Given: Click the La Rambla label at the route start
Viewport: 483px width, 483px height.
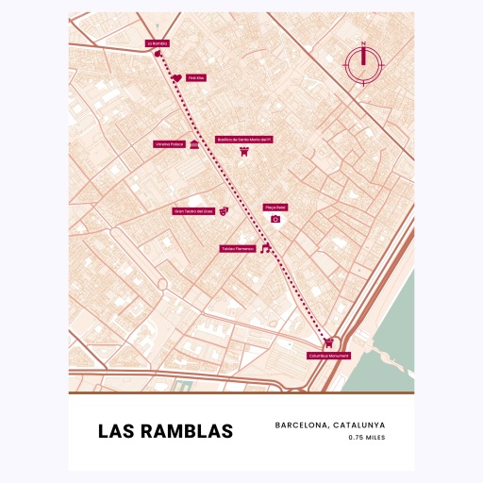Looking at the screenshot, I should point(157,42).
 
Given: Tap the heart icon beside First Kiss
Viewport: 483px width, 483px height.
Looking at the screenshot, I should point(176,78).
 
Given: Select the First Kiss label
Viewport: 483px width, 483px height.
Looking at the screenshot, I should point(195,78).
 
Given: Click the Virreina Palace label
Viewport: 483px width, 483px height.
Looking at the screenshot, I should point(170,145).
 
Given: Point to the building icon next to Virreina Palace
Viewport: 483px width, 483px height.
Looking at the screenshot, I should point(193,145).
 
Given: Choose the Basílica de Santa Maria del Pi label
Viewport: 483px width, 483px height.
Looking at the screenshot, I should point(244,139).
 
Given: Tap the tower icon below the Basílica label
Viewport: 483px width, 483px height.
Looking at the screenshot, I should point(244,151).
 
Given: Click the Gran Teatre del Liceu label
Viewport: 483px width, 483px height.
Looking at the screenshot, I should point(194,212).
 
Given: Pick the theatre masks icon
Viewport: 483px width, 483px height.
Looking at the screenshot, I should point(224,212).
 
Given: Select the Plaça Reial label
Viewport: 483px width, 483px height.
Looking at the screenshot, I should point(275,207).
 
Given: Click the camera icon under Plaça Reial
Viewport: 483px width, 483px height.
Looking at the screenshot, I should point(275,219).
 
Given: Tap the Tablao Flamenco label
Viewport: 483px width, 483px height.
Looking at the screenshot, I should point(239,249).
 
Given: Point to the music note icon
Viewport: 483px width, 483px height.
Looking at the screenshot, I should point(266,248).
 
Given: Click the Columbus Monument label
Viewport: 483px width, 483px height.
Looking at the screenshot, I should point(328,356).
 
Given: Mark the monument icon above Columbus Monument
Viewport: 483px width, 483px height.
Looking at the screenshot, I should point(327,342).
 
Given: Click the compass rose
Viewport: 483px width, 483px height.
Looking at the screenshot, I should point(363,63).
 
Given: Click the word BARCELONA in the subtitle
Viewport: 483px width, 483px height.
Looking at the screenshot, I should point(302,425).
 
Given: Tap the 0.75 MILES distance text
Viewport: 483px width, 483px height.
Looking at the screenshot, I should point(366,438).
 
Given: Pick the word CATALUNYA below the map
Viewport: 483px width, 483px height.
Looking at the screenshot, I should point(359,425).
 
